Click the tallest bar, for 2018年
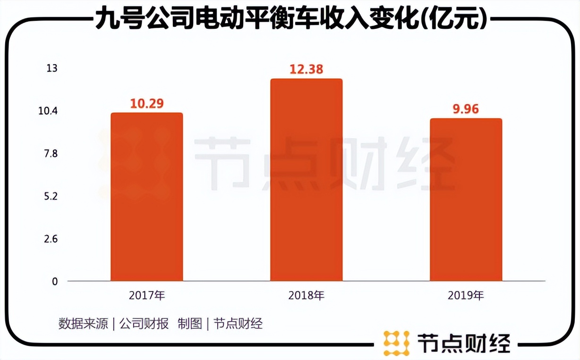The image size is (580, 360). (306, 180)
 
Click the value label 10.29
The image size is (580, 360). (147, 103)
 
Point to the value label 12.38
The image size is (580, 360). (306, 69)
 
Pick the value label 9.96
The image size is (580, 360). (466, 109)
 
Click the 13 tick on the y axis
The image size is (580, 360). (51, 69)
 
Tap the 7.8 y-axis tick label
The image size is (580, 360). (51, 154)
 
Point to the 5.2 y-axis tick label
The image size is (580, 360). (51, 196)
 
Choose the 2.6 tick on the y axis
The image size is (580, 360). (51, 239)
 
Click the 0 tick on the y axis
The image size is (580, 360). (54, 282)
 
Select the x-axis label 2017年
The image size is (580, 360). (147, 296)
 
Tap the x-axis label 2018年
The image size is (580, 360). (306, 296)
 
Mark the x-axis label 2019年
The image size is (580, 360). (466, 296)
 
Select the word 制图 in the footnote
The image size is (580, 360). (190, 324)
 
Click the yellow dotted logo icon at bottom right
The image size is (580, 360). (396, 343)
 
